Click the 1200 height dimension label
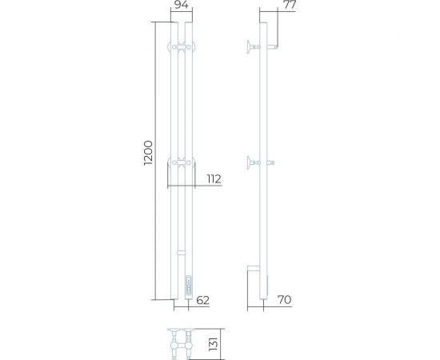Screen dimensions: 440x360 148,153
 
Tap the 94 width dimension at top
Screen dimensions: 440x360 182,5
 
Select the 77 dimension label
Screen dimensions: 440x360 290,5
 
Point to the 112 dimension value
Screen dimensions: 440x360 214,179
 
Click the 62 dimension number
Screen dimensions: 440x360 202,300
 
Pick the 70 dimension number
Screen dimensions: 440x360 285,300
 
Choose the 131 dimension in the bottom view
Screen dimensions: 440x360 214,344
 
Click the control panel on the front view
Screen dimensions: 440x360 189,284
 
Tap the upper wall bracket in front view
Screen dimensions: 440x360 182,47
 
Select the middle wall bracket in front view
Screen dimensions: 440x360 182,162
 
